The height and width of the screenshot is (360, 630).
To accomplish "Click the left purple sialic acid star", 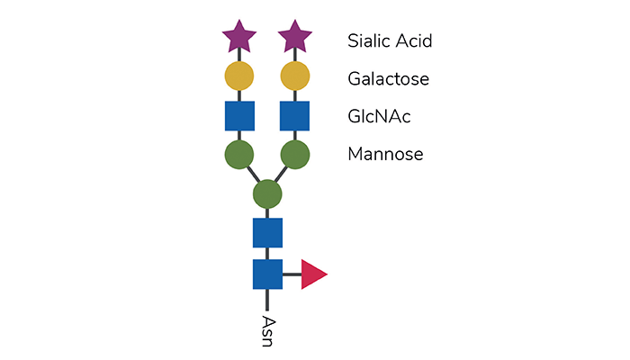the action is (239, 37).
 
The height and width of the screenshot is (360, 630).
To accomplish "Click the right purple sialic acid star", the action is (295, 37).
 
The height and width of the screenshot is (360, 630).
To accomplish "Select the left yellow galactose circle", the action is (239, 76).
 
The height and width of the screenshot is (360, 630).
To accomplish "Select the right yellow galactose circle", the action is (295, 76).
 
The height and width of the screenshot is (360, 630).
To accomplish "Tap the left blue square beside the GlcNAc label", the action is (239, 116).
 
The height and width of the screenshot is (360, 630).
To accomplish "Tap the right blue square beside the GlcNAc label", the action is (294, 116).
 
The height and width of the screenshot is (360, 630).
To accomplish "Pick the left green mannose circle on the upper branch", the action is (239, 155).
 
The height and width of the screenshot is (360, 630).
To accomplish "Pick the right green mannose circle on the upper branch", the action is (295, 155).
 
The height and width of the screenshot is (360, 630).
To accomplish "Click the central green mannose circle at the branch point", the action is (267, 194).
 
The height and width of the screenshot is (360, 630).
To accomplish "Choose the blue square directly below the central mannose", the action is (267, 233).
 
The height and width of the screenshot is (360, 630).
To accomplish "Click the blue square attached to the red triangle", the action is (267, 274).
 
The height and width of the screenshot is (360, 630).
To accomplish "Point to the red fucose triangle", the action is (312, 274).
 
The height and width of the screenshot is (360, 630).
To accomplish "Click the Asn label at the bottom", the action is (268, 331).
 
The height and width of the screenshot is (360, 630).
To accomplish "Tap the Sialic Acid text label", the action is (390, 40).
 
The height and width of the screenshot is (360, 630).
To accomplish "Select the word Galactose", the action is (388, 79).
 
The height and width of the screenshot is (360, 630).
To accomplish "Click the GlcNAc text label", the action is (379, 116).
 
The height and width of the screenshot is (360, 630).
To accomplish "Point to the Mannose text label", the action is (385, 154).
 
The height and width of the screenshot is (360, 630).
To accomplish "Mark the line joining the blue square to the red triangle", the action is (292, 274).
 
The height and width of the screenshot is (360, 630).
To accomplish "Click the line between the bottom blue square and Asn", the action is (267, 300).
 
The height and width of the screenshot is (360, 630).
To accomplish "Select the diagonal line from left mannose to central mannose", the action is (254, 175).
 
